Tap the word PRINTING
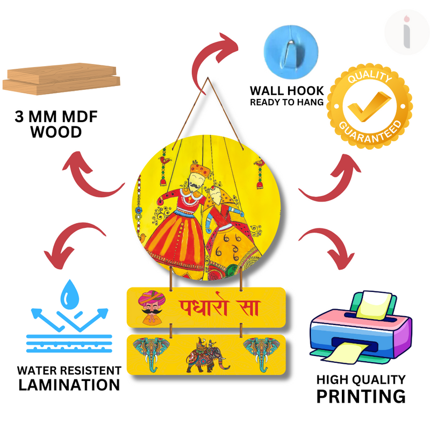(x=360, y=397)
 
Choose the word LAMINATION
(x=69, y=385)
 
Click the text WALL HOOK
(x=286, y=90)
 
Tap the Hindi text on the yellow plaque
(x=218, y=308)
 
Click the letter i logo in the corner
(x=407, y=31)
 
